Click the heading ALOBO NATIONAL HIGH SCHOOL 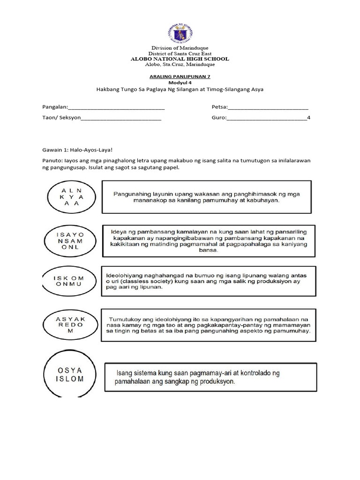click(180, 59)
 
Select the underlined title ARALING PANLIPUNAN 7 click(180, 75)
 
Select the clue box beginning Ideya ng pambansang click(208, 240)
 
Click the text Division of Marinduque click(180, 48)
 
